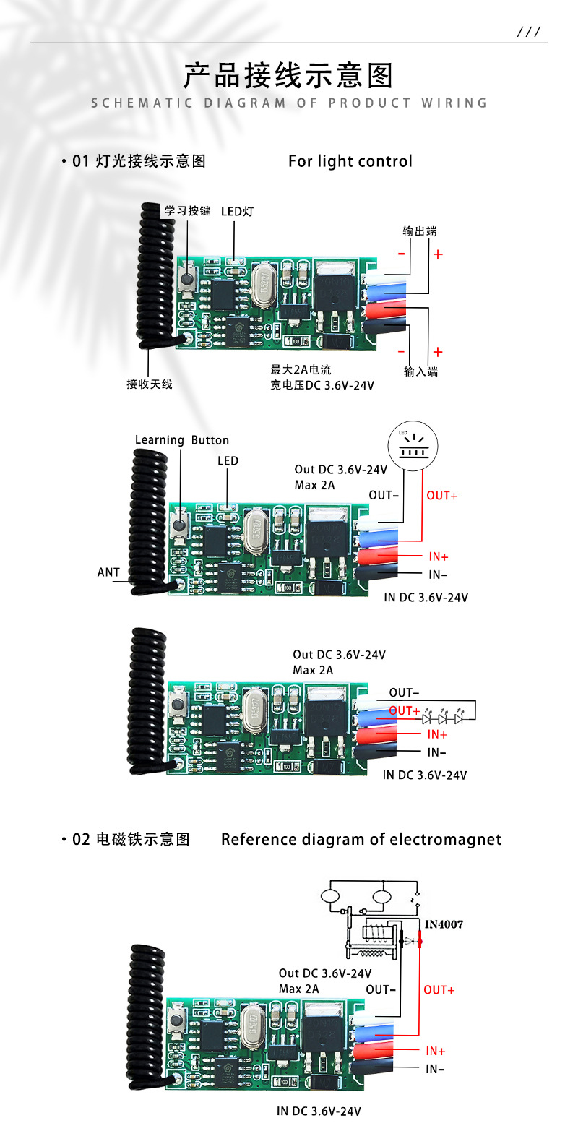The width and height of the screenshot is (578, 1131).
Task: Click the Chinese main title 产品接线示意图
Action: tap(288, 75)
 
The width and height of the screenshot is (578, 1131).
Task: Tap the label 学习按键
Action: tap(187, 210)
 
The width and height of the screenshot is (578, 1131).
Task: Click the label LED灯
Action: tap(237, 211)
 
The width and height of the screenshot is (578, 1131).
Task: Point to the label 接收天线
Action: tap(150, 384)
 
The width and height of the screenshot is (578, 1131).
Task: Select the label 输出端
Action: tap(420, 231)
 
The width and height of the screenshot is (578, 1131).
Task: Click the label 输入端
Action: tap(420, 371)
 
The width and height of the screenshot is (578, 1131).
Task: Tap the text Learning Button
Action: tap(182, 440)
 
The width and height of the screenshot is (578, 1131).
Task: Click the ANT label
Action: tap(108, 572)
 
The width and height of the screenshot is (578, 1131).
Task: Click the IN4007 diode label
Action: tap(444, 924)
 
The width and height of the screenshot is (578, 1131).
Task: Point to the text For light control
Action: tap(350, 161)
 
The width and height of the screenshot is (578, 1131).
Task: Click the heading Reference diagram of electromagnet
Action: tap(361, 839)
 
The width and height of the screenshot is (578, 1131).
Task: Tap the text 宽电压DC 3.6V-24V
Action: tap(322, 385)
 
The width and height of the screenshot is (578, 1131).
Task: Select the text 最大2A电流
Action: tap(301, 369)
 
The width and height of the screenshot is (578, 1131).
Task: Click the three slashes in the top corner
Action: tap(529, 33)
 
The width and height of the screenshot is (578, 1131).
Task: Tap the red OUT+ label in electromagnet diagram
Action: tap(439, 989)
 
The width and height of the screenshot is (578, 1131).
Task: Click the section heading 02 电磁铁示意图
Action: tap(131, 839)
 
